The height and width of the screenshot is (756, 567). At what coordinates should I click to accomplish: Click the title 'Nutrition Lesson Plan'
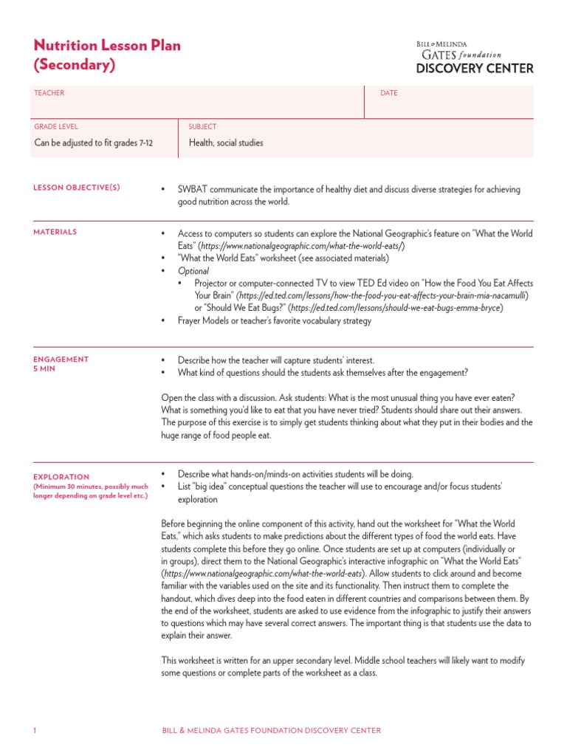point(107,46)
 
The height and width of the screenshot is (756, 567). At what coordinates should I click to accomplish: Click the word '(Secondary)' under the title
point(75,65)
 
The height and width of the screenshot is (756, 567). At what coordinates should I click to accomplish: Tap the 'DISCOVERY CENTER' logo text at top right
point(475,69)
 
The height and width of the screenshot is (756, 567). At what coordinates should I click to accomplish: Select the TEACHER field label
point(49,93)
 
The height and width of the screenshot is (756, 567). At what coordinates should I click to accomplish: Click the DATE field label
point(388,93)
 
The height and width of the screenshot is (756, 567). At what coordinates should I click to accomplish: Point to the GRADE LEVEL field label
point(56,127)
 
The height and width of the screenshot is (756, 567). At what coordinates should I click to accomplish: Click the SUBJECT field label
point(202,127)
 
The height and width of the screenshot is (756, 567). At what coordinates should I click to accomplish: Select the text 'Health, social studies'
point(226,143)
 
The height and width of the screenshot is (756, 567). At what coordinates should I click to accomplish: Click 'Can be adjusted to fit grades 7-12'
point(94,143)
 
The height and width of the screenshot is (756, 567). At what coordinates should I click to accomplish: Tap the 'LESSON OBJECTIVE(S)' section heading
point(77,188)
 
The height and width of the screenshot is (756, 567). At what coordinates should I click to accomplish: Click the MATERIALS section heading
point(55,232)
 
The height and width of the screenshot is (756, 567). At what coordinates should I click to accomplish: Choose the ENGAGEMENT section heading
point(61,360)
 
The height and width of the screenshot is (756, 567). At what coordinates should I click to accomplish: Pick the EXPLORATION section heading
point(61,477)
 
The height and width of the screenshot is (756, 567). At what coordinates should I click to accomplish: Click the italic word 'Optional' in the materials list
point(193,271)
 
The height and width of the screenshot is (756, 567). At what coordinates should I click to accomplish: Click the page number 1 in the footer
point(35,731)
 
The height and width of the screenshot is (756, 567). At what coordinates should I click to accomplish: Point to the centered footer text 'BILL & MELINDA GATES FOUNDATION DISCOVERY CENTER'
point(272,731)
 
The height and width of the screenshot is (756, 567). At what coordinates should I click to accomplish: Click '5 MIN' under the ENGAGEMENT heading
point(44,368)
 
